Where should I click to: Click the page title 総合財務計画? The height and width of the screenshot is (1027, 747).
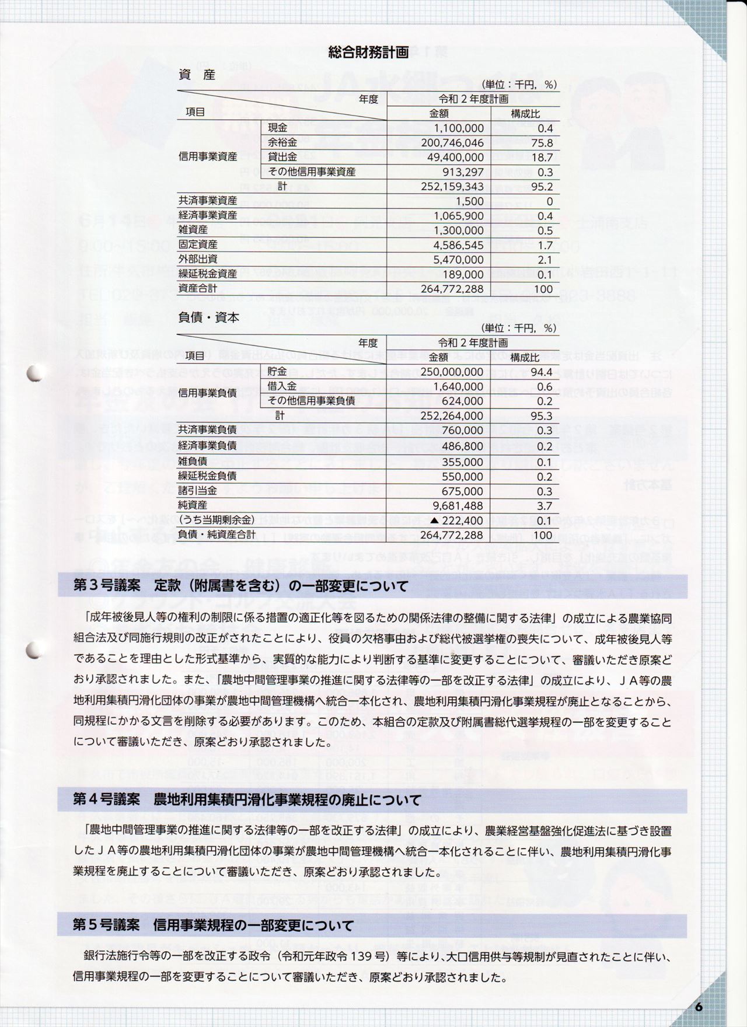[368, 53]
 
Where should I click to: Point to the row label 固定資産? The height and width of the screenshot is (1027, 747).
[198, 245]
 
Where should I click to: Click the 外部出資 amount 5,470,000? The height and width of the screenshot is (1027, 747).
[459, 260]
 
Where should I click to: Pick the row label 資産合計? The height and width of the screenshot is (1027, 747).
[198, 289]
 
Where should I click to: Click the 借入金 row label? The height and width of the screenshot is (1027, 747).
[282, 386]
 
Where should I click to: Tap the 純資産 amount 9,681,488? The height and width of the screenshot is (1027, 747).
[459, 506]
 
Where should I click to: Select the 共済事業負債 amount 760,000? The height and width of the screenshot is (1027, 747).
[463, 431]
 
